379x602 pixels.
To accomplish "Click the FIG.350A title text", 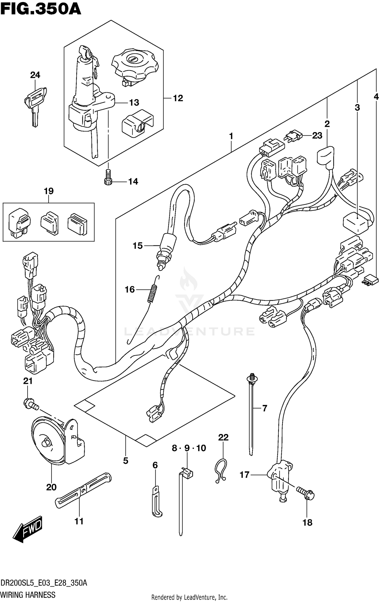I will pos(40,9).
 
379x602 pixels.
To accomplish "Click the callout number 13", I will pos(134,103).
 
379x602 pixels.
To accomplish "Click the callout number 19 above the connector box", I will pos(49,191).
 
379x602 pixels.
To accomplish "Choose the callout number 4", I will pos(376,97).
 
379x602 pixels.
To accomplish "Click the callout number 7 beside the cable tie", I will pos(264,408).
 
